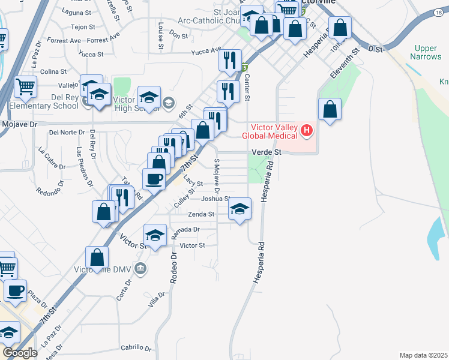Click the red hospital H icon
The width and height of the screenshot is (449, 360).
[x=307, y=130]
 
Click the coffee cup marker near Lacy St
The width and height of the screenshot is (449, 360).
[x=154, y=179]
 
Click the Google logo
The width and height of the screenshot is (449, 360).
[x=20, y=353]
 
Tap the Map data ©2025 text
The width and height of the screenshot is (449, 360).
[x=423, y=355]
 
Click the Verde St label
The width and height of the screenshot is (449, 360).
[x=270, y=152]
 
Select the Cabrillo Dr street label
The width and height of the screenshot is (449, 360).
[x=136, y=347]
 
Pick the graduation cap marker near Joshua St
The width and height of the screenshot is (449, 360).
[x=240, y=209]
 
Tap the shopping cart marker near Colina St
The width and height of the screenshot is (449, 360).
[x=26, y=88]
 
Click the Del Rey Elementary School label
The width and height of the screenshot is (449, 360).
[x=43, y=101]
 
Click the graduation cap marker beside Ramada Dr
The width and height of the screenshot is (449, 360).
[x=155, y=235]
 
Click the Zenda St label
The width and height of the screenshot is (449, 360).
[x=201, y=214]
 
